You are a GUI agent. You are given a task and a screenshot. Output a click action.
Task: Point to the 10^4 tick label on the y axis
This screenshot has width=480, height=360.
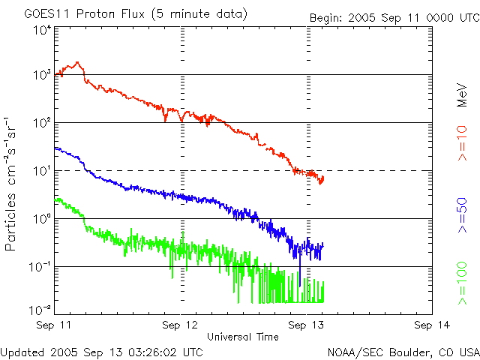tap(42, 31)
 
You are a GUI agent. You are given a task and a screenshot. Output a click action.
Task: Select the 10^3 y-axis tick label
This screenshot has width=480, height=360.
tap(42, 75)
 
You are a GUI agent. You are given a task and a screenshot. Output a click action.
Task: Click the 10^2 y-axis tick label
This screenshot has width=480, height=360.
tap(42, 122)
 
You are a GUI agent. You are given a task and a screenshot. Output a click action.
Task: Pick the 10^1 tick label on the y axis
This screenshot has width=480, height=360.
tap(42, 170)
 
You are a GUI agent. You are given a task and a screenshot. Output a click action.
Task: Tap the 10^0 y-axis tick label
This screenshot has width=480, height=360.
tap(42, 218)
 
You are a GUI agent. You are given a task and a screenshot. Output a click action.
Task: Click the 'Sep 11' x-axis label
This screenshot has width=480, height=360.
tap(58, 325)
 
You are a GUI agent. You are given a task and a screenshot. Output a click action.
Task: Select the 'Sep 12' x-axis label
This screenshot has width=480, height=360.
tap(182, 325)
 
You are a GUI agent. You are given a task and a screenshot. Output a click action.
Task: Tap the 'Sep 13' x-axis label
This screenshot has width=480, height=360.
tap(307, 325)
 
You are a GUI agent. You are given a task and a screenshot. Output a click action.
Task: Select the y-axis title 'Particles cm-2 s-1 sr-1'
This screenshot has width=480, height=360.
tap(13, 183)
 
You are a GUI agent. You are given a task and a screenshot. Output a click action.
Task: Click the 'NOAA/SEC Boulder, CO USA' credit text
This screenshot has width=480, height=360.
tap(403, 351)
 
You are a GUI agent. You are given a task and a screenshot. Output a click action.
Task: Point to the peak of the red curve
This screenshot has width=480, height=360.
tap(78, 63)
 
